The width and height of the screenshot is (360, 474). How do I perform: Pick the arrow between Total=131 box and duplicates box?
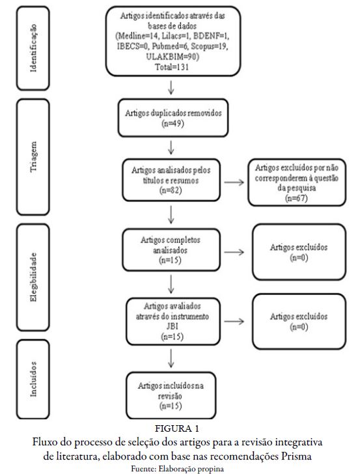pyautogui.click(x=171, y=87)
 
